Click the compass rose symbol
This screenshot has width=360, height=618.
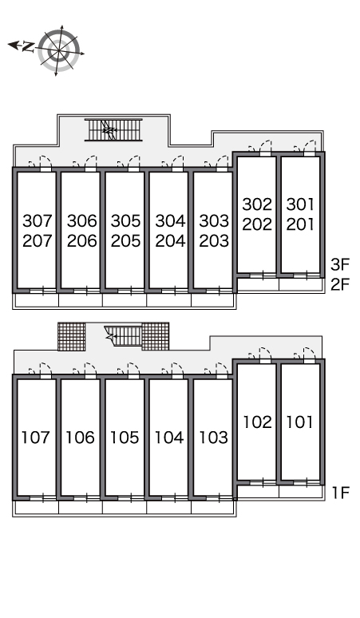click(x=59, y=51)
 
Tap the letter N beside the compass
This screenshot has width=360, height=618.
click(x=28, y=47)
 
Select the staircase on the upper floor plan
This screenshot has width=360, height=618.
click(x=113, y=129)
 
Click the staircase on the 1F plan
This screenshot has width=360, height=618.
click(x=123, y=335)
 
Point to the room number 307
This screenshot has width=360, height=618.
click(x=38, y=220)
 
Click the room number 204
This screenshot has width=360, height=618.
click(x=170, y=241)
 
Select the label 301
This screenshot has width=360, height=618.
click(x=300, y=204)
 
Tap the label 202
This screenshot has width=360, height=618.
click(x=257, y=224)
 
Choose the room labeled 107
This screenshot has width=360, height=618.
click(x=36, y=438)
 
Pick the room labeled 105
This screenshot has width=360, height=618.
click(x=125, y=438)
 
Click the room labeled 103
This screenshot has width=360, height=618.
click(x=213, y=438)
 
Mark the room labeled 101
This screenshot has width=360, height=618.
click(x=300, y=422)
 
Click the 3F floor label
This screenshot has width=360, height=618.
click(x=340, y=264)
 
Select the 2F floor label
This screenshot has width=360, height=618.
click(x=340, y=283)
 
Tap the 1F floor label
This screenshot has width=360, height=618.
click(x=341, y=493)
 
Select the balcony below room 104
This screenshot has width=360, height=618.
click(x=168, y=507)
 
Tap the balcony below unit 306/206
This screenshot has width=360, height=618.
click(x=81, y=300)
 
